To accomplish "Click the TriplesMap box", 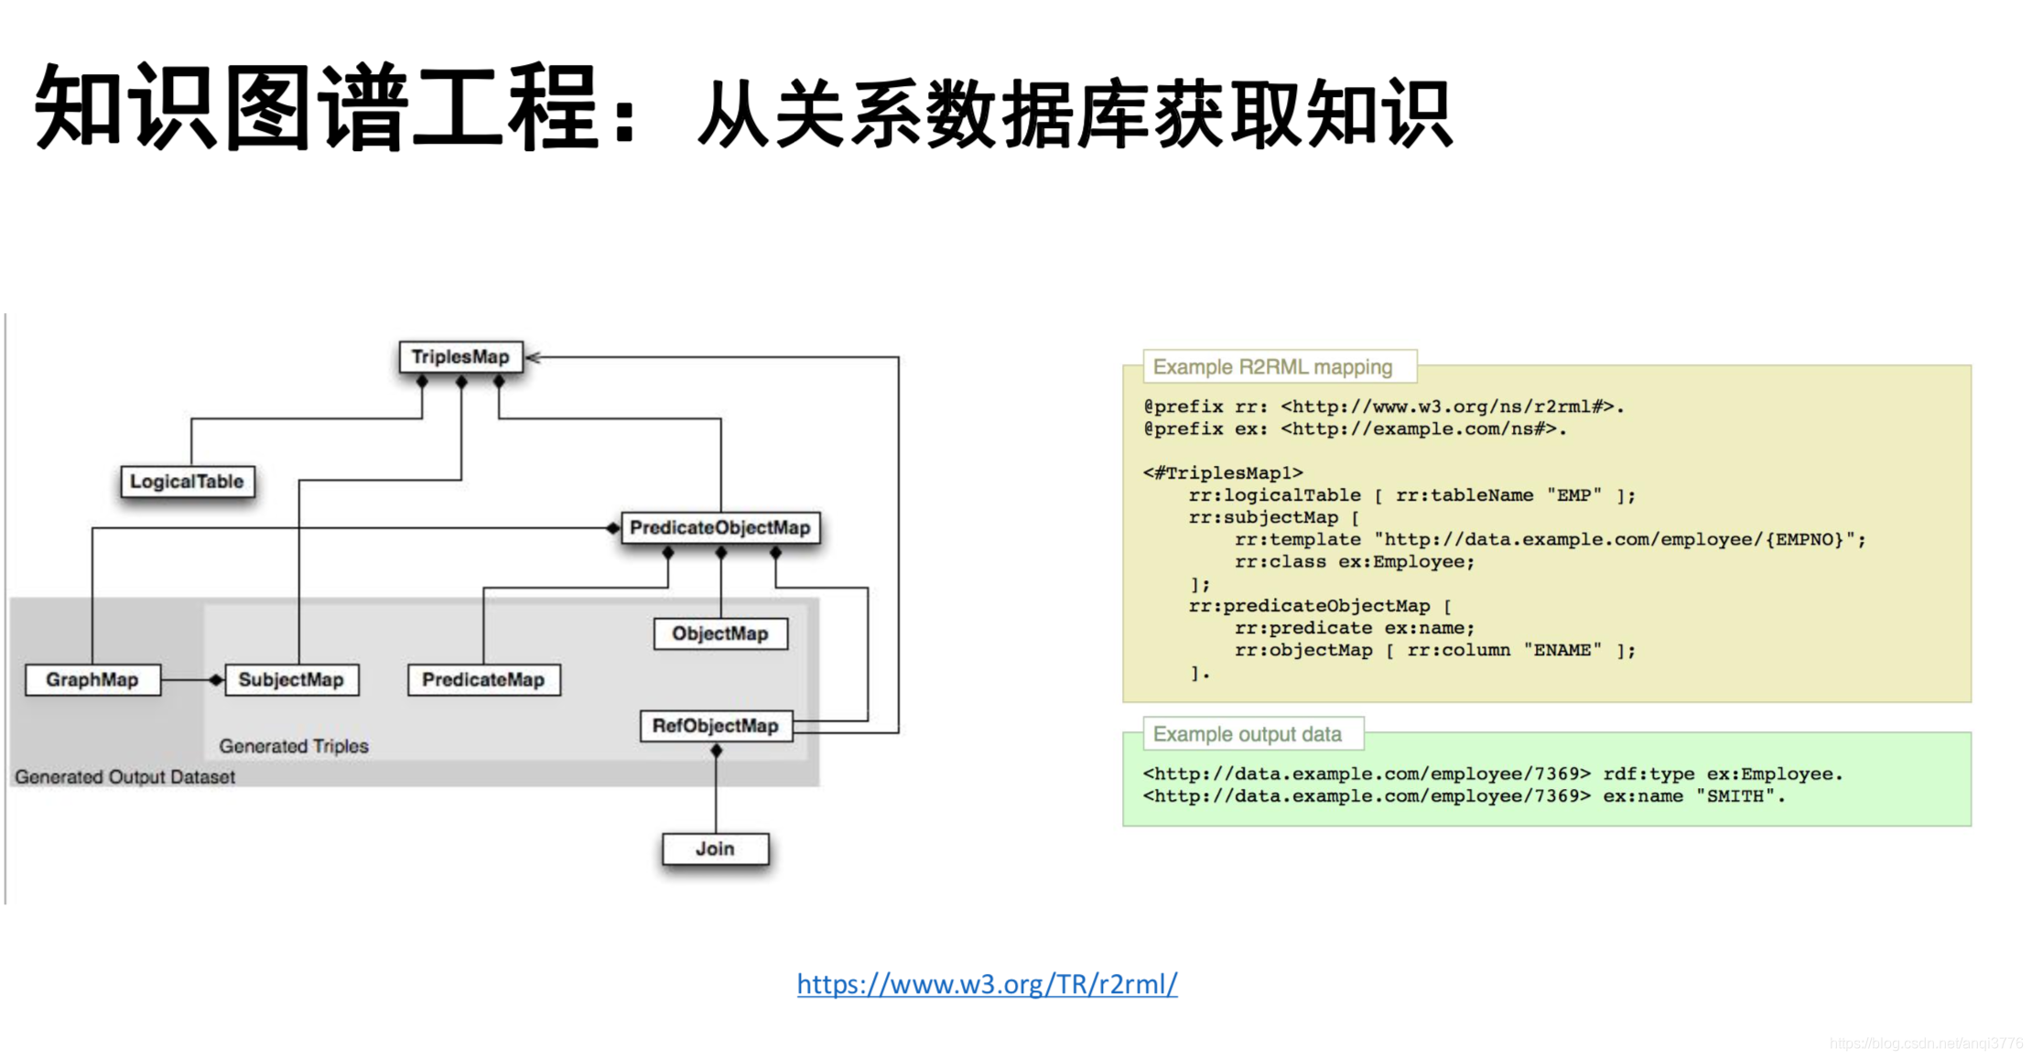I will [460, 357].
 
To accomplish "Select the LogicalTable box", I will [187, 481].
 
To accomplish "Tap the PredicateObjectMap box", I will [719, 528].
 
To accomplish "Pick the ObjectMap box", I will [719, 633].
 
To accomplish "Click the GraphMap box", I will [92, 680].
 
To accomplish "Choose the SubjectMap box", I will [291, 680].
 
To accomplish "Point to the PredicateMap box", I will [483, 680].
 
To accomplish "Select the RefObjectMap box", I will [715, 726].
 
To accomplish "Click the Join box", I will [715, 849].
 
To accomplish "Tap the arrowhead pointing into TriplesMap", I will [534, 358].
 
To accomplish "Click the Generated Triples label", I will [293, 746].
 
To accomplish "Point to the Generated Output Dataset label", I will [124, 777].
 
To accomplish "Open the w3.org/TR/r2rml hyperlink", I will [987, 984].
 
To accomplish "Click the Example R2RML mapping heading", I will [1272, 367].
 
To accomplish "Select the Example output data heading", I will [1247, 734].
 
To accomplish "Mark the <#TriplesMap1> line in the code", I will [1223, 473].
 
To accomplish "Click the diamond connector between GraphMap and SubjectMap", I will [216, 680].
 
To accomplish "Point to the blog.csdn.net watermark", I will [1926, 1043].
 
